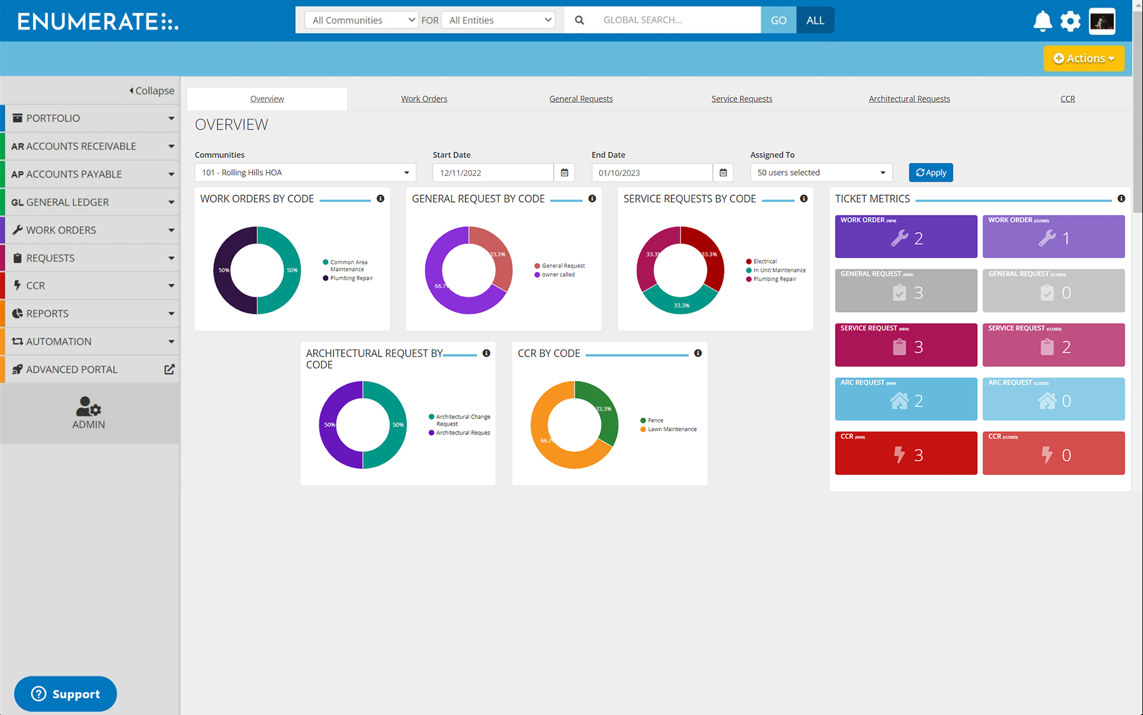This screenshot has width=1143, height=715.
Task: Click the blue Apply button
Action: (x=930, y=173)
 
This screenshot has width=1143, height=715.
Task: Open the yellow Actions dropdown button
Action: (x=1083, y=58)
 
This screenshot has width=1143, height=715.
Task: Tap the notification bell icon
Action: (x=1042, y=21)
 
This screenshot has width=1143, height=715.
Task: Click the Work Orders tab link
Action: (x=424, y=99)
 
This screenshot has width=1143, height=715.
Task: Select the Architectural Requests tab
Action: (x=909, y=99)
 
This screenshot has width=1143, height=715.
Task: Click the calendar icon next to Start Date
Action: (x=564, y=173)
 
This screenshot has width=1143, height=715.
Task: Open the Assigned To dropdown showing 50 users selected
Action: (x=820, y=173)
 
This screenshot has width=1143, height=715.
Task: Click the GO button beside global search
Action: (x=778, y=20)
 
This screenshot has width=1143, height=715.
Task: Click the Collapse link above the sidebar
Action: (x=152, y=90)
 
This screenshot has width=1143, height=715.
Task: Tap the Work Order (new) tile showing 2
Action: (x=905, y=237)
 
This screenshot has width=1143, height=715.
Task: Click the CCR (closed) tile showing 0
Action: (x=1053, y=454)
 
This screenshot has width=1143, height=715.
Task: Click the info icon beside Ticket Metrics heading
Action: (x=1121, y=199)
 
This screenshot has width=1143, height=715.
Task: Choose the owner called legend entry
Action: (x=558, y=275)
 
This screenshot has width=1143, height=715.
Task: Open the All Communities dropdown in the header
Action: (x=362, y=20)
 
